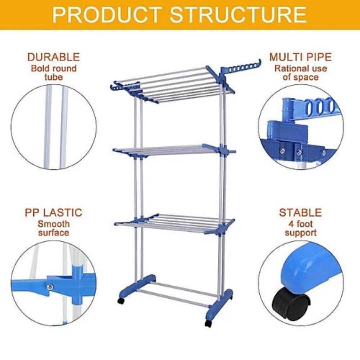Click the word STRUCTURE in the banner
click(x=238, y=14)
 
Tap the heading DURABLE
click(x=53, y=57)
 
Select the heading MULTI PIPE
click(x=301, y=57)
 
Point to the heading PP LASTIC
click(x=53, y=213)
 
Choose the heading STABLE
click(x=301, y=213)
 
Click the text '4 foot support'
click(x=301, y=228)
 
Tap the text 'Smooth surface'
click(x=53, y=228)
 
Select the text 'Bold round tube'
click(x=53, y=73)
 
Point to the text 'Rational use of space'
click(x=301, y=73)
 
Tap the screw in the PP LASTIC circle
click(x=50, y=287)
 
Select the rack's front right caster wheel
click(x=208, y=323)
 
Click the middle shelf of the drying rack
click(x=174, y=150)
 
